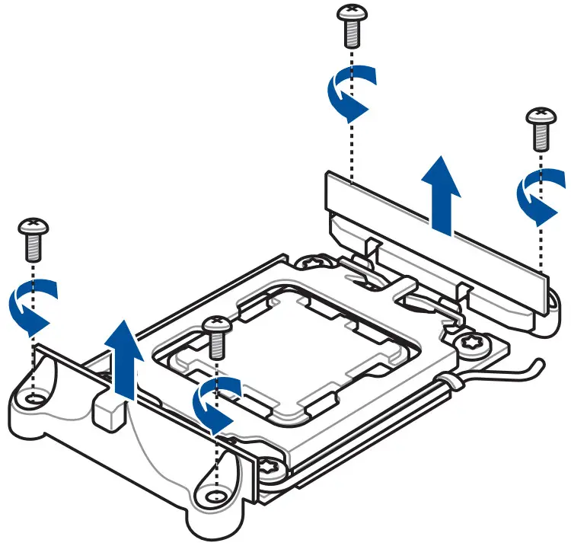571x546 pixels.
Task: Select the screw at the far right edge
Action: click(x=541, y=128)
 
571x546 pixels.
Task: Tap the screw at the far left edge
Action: click(x=33, y=237)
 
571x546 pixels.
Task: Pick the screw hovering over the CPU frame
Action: click(x=215, y=336)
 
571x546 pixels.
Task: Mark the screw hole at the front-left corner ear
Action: click(x=31, y=398)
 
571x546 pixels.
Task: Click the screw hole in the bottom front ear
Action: click(x=215, y=496)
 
